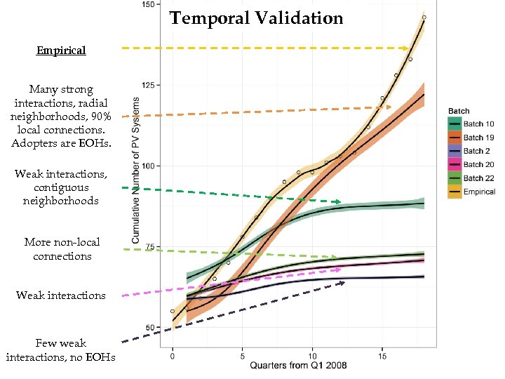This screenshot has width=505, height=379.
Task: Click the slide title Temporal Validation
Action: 256,18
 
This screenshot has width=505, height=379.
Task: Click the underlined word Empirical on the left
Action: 61,51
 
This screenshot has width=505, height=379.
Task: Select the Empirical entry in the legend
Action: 479,192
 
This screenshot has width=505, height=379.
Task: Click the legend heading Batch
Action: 459,111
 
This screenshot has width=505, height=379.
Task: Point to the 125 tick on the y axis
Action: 149,85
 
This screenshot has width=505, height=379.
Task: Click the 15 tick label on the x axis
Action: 382,356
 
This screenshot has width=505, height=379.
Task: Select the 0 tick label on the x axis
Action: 173,356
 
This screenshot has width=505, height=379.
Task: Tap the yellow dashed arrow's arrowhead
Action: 406,48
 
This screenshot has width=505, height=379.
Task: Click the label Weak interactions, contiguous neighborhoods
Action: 62,187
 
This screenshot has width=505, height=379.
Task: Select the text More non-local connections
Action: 62,249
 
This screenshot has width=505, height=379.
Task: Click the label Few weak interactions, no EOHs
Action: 60,350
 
